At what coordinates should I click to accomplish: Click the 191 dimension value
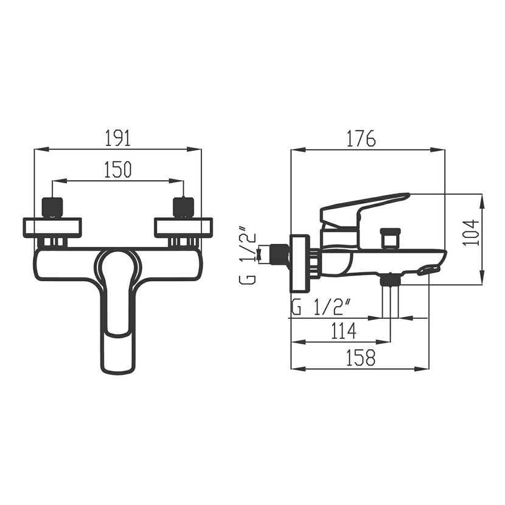click(118, 138)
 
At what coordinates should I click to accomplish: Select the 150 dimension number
click(118, 170)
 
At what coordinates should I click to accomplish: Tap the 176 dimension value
click(361, 138)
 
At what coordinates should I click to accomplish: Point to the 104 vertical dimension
click(471, 232)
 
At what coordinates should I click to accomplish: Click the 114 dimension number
click(344, 331)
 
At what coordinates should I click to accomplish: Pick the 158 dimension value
click(361, 358)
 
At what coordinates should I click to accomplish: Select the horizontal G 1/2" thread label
click(321, 307)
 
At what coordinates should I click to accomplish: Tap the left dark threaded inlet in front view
click(52, 207)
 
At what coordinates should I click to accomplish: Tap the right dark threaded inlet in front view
click(184, 207)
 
